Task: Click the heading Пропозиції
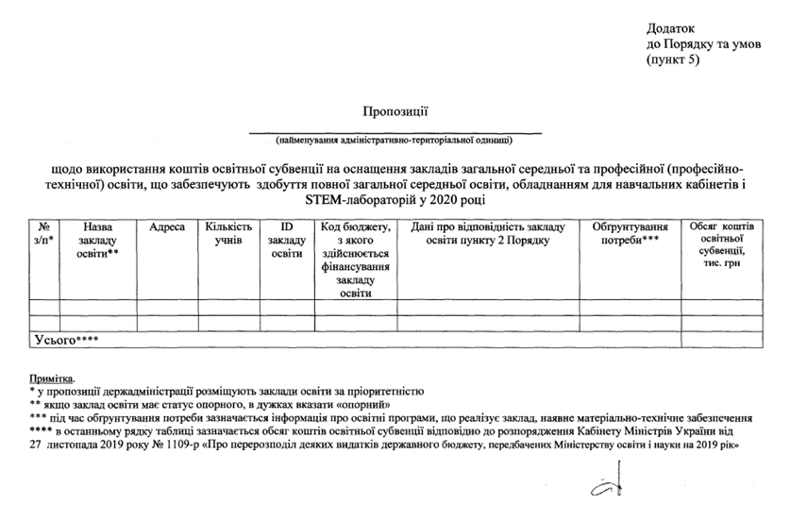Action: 395,112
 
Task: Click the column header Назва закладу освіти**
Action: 98,242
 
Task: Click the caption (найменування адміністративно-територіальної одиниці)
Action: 395,142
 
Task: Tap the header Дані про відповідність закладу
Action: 487,235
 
